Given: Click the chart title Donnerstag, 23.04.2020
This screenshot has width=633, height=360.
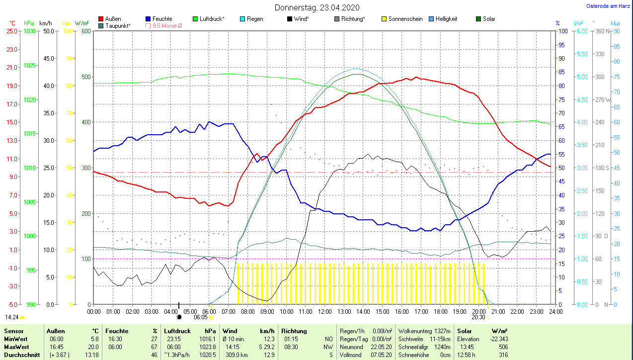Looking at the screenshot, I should (317, 7).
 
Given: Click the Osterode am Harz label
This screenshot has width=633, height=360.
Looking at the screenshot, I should (609, 6).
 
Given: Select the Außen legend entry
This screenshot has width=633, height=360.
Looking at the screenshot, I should (113, 19).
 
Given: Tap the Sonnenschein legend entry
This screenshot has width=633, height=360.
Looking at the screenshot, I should (405, 19).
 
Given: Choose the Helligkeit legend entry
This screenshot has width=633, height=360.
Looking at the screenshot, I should (446, 19).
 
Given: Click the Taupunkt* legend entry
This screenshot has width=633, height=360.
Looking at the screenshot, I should (118, 26).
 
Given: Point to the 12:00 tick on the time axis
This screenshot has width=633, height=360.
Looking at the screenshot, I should (324, 312).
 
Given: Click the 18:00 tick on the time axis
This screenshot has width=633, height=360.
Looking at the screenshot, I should (440, 312).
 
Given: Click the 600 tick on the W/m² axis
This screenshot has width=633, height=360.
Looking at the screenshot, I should (85, 31).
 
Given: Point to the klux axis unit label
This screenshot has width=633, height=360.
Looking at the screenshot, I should (616, 23).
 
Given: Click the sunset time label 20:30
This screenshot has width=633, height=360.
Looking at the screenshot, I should (478, 317).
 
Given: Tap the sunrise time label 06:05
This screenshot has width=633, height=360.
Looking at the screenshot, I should (201, 317).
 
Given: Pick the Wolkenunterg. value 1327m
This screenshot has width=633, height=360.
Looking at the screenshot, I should (442, 331).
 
